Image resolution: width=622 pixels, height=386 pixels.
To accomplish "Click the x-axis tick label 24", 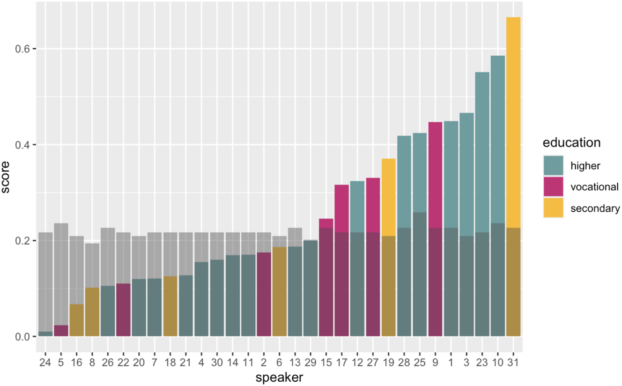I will [x=45, y=363].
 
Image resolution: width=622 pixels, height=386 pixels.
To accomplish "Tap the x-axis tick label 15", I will [x=326, y=363].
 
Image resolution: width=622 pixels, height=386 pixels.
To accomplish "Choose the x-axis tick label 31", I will [x=513, y=363].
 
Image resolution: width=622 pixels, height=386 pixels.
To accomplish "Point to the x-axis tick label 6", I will [x=279, y=363].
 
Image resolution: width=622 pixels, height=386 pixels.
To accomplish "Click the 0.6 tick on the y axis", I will [x=24, y=49].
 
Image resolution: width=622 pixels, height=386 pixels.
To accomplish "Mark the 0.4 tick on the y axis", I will [x=24, y=145].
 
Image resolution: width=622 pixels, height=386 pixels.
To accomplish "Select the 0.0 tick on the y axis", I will [x=24, y=336].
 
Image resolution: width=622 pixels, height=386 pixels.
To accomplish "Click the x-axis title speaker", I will [x=279, y=378].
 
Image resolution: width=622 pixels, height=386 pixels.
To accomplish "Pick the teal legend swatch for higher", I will [x=554, y=165].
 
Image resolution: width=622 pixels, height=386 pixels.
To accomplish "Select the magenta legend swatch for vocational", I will [x=554, y=187].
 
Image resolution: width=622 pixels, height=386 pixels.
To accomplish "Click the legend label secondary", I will [x=595, y=209].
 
